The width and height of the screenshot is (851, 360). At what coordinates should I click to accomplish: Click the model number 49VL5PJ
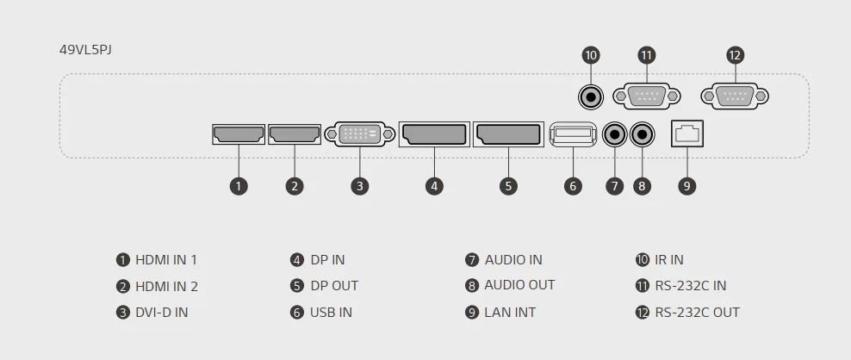tap(85, 49)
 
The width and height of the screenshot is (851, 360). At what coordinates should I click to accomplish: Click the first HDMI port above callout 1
tap(239, 134)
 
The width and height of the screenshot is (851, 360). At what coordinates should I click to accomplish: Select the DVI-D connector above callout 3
tap(361, 134)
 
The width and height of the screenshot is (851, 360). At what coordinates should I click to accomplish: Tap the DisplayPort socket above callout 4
tap(434, 134)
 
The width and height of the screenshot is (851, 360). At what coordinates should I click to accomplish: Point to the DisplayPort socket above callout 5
tap(508, 134)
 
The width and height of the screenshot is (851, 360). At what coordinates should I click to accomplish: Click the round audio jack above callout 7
tap(614, 134)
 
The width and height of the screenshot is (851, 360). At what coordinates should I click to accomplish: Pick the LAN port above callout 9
tap(686, 134)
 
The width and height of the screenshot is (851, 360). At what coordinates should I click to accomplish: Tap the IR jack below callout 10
tap(591, 96)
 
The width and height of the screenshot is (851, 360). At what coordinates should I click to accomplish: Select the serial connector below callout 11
tap(647, 96)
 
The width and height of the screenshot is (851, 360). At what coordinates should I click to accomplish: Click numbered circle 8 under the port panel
tap(643, 185)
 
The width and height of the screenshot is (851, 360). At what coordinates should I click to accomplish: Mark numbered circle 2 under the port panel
tap(295, 185)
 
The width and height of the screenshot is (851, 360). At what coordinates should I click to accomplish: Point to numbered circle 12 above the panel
tap(735, 56)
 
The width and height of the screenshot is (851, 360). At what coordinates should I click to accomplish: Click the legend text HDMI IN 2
tap(166, 287)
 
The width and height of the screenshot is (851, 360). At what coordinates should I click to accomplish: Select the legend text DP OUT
tap(334, 286)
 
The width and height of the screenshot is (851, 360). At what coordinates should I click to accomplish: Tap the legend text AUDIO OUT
tap(519, 285)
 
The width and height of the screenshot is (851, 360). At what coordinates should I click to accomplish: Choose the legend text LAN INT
tap(510, 313)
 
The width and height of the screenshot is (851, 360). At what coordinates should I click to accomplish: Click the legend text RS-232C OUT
tap(697, 313)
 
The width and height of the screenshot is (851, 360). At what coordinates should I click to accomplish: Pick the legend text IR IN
tap(669, 259)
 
